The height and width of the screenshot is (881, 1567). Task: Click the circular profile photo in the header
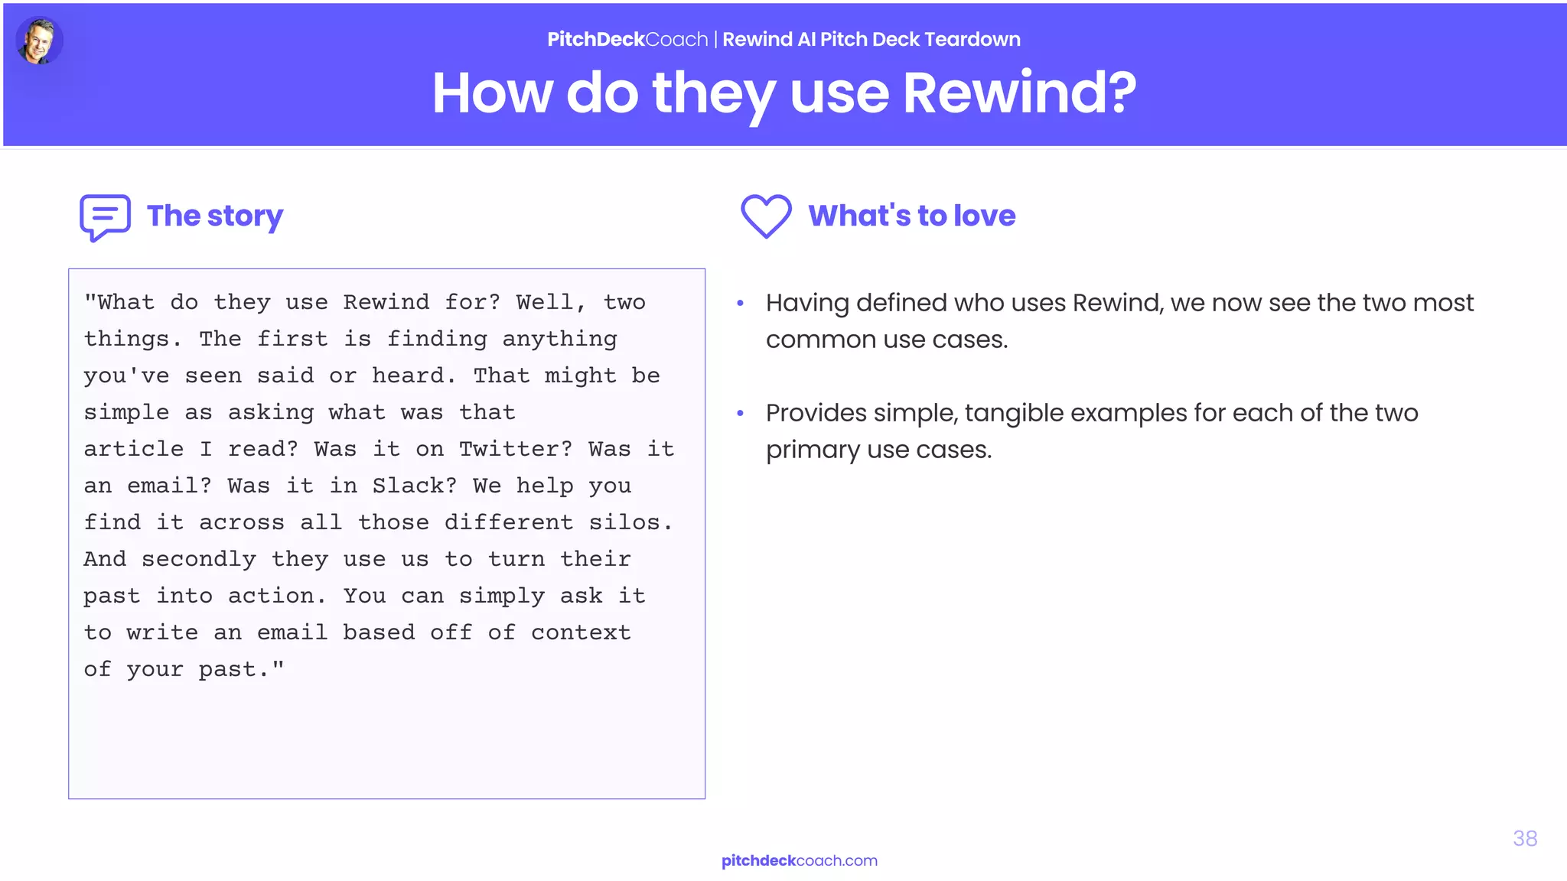pos(39,41)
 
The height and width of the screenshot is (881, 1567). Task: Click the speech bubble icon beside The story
pos(105,217)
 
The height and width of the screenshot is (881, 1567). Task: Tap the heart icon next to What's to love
pos(766,216)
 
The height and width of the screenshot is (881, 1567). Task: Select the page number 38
pos(1524,838)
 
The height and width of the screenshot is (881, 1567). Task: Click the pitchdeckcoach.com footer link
pos(799,860)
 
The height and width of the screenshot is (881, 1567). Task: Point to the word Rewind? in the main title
pos(1019,93)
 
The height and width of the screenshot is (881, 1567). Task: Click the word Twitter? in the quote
pos(515,449)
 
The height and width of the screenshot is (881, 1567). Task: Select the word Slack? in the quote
pos(414,486)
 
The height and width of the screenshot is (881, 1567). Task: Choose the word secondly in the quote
pos(199,559)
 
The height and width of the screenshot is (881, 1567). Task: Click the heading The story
pos(215,216)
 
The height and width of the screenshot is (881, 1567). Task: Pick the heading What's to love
pos(911,216)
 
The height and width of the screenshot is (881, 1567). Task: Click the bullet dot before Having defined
pos(740,304)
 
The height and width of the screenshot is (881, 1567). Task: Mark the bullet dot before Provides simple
pos(740,414)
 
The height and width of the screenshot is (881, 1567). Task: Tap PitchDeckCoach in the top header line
pos(627,39)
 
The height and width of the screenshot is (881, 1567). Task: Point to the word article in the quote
pos(134,449)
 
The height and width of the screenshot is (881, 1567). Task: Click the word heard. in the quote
pos(413,375)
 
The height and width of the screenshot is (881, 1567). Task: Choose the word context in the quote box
pos(581,632)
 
